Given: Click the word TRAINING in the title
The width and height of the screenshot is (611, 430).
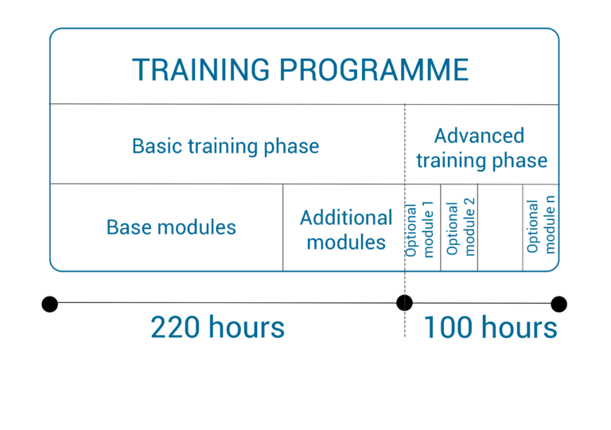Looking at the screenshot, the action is coord(200,70).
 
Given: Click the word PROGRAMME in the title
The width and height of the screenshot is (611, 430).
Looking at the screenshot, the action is coord(374,70).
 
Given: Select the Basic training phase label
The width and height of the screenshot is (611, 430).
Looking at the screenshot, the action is coord(226,147).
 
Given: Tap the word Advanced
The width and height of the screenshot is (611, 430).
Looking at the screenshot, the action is coord(479,136).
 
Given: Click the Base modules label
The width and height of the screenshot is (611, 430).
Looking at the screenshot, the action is coord(172,227).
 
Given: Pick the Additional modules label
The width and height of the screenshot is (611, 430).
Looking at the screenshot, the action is coord(346,230).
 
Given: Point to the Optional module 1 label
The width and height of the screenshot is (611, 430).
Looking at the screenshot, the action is coord(419,230).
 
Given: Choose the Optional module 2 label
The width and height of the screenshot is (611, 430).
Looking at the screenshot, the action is coord(461,227).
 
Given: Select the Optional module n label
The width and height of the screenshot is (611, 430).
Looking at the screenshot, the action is coord(540,224).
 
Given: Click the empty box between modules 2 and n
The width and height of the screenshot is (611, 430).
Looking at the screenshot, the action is coord(500,227).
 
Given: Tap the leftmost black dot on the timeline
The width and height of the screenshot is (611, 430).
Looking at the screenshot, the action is coord(50,304).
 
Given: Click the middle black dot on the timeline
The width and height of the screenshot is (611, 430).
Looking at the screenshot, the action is coord(404,303).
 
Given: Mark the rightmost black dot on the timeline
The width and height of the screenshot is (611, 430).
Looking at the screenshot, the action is coord(558,304).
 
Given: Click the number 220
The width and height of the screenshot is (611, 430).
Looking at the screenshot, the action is coord(175,327).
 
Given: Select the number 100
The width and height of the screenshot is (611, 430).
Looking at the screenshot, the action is coord(448,327).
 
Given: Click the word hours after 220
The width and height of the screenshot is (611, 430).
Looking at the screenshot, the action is coord(247,327).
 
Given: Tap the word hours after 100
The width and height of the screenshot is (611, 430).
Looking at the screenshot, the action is coord(520,327).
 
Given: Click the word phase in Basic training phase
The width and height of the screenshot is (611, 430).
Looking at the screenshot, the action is coord(291,147).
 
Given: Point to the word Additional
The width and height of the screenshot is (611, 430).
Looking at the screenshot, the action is coord(346,218).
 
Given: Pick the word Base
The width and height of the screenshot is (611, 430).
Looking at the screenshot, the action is coord(128,227).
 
